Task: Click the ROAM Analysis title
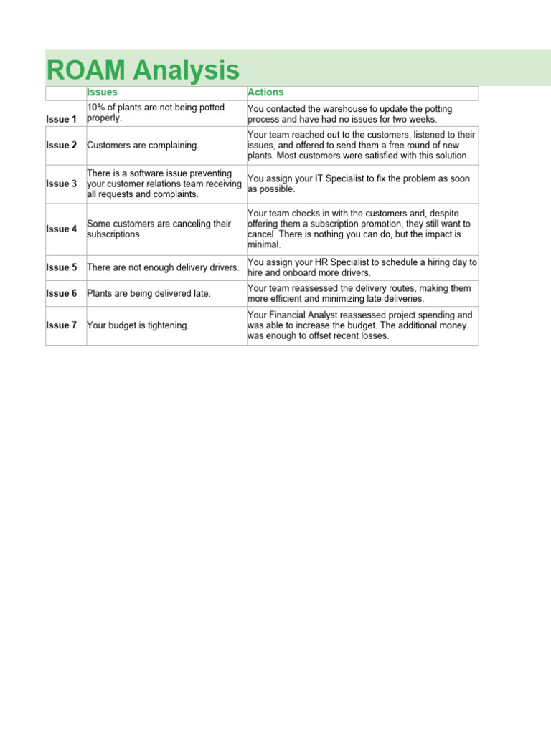tap(143, 70)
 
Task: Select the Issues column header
tap(102, 92)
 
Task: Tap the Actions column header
tap(265, 92)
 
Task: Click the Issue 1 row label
tap(62, 119)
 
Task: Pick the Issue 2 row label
tap(62, 146)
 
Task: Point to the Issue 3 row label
tap(62, 184)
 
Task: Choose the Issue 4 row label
tap(62, 229)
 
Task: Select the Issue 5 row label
tap(62, 268)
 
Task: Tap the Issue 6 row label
tap(62, 294)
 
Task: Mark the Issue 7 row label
tap(62, 325)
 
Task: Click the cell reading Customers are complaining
tap(143, 146)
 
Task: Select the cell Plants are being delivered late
tap(149, 294)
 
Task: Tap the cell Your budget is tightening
tap(138, 325)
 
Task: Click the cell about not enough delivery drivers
tap(163, 268)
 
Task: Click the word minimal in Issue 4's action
tap(264, 245)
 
